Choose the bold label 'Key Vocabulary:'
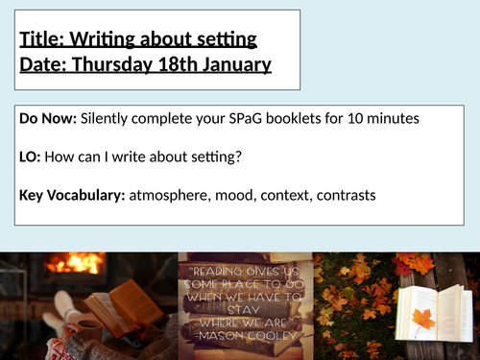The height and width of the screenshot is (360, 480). [x=72, y=196]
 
